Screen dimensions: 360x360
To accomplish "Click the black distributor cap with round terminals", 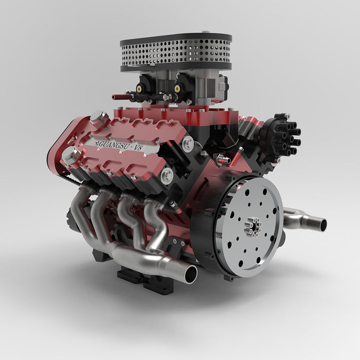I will click(x=282, y=135).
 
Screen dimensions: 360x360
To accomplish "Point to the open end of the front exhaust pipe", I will click(x=191, y=273).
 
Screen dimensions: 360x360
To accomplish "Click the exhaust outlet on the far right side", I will click(x=321, y=225).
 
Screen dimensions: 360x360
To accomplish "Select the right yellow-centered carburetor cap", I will click(x=177, y=87).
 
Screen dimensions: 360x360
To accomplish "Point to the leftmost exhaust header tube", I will click(x=80, y=211).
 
